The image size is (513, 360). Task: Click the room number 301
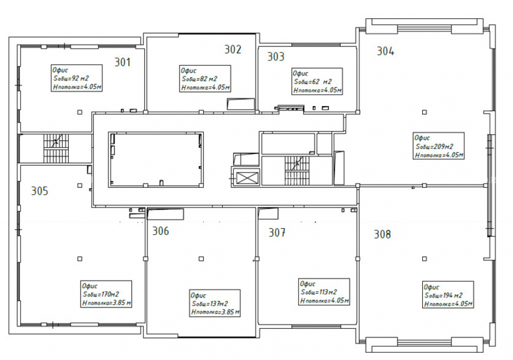[123, 62]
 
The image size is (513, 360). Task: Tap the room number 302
[232, 49]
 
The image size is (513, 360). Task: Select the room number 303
[276, 56]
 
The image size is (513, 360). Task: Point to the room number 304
[385, 51]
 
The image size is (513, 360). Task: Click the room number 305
[40, 191]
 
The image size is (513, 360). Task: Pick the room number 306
[161, 231]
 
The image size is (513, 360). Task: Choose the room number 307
[277, 232]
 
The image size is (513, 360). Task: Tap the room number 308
[382, 234]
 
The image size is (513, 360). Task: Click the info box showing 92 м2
[77, 78]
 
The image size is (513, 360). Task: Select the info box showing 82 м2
[205, 79]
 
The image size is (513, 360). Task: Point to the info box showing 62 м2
[317, 82]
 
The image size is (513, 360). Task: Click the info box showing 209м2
[439, 146]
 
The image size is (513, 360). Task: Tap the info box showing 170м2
[106, 294]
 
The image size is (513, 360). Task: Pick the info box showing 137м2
[215, 303]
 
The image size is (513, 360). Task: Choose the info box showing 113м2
[324, 292]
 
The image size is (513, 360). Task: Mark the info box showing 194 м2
[448, 294]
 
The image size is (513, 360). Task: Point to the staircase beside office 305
[56, 148]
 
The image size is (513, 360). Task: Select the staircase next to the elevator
[297, 171]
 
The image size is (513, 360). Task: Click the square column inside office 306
[201, 258]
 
